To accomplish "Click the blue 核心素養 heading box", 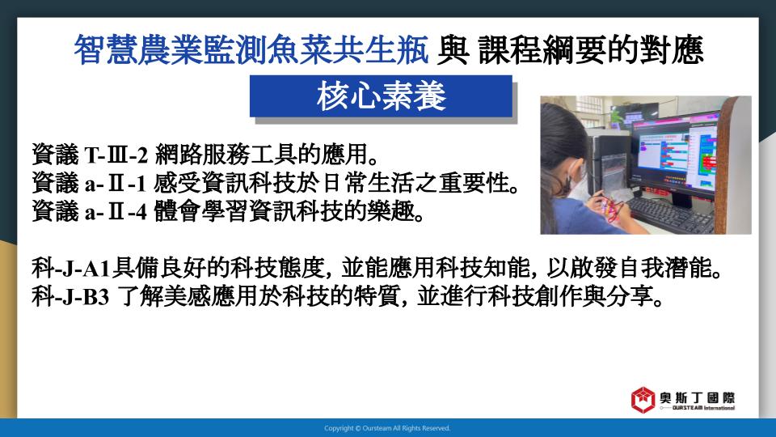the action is [x=381, y=96].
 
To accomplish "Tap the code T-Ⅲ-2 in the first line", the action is [x=116, y=155].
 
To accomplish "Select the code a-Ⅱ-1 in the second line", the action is [x=116, y=184].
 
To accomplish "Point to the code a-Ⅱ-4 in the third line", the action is [x=116, y=212].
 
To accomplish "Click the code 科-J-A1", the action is [x=71, y=269].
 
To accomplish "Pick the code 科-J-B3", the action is [x=70, y=297].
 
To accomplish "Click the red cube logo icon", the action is [x=643, y=400].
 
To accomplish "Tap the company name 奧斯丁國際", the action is [x=698, y=397].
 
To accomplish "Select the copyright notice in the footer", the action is [x=387, y=428].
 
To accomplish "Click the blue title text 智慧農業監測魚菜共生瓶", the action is [x=251, y=50].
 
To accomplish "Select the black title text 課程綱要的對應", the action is [x=590, y=50].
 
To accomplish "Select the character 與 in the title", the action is [x=453, y=50].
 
